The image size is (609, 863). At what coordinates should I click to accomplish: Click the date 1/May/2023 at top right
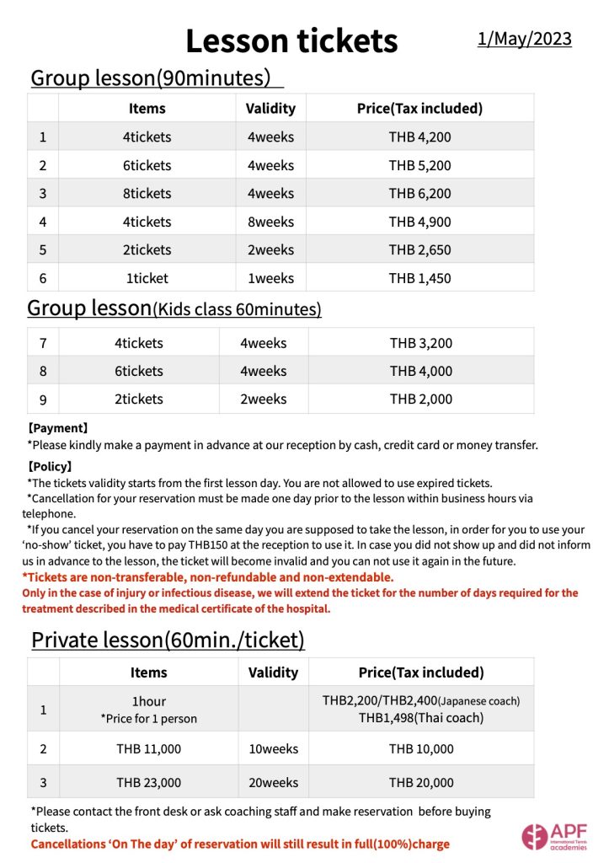pos(524,39)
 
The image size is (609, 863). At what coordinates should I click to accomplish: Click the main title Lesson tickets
pos(291,40)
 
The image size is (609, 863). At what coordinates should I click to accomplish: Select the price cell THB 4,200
pos(419,137)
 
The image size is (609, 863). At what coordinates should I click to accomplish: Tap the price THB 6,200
pos(419,193)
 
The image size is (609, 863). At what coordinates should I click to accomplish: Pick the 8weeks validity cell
pos(270,222)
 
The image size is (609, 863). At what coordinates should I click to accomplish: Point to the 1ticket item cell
pos(147,278)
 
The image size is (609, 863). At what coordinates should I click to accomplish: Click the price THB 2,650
pos(419,249)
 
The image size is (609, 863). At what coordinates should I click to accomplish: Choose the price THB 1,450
pos(419,278)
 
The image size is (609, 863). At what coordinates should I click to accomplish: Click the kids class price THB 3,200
pos(421,343)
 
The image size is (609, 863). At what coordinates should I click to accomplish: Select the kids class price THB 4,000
pos(421,371)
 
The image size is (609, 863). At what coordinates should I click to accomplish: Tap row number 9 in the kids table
pos(43,399)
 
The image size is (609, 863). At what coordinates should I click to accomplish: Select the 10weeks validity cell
pos(274,748)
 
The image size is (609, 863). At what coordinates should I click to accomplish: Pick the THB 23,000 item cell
pos(148,782)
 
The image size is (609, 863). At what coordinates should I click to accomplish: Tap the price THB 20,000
pos(421,782)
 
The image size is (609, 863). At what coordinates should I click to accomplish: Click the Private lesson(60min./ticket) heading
pos(168,640)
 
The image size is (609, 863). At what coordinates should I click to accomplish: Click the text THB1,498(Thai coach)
pos(421,717)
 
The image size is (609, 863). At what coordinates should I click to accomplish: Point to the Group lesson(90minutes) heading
pos(151,78)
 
